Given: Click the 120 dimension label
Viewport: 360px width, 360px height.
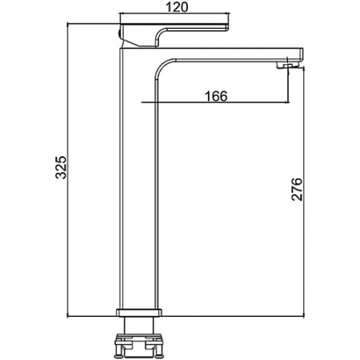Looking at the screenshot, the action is click(x=177, y=7).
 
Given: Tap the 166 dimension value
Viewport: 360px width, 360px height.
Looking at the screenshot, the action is click(x=216, y=96).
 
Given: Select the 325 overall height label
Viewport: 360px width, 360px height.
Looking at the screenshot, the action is click(x=61, y=167).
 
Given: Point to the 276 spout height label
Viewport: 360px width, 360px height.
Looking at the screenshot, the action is click(x=297, y=189).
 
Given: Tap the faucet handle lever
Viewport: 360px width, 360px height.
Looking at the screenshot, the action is click(x=174, y=35).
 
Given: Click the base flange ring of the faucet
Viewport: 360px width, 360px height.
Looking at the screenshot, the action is click(x=139, y=313).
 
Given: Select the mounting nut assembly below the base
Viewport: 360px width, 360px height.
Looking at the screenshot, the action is click(x=139, y=346).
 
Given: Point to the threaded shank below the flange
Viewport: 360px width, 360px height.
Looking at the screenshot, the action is click(x=139, y=325).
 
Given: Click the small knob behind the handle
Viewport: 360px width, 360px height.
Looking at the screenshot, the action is click(x=119, y=34).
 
